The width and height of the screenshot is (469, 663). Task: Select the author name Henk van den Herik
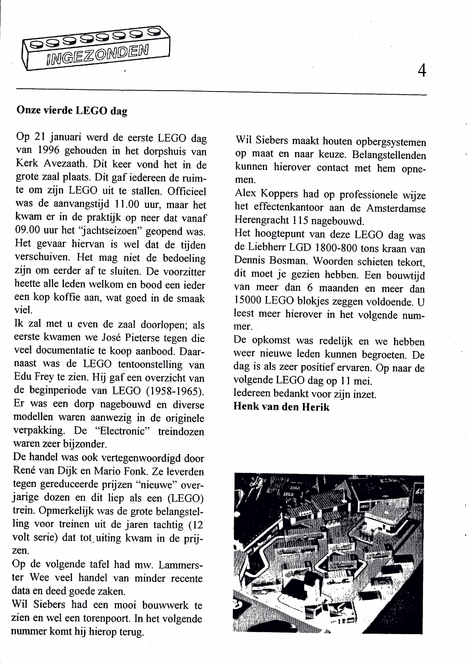pyautogui.click(x=281, y=407)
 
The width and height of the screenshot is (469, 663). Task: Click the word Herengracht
pyautogui.click(x=262, y=220)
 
